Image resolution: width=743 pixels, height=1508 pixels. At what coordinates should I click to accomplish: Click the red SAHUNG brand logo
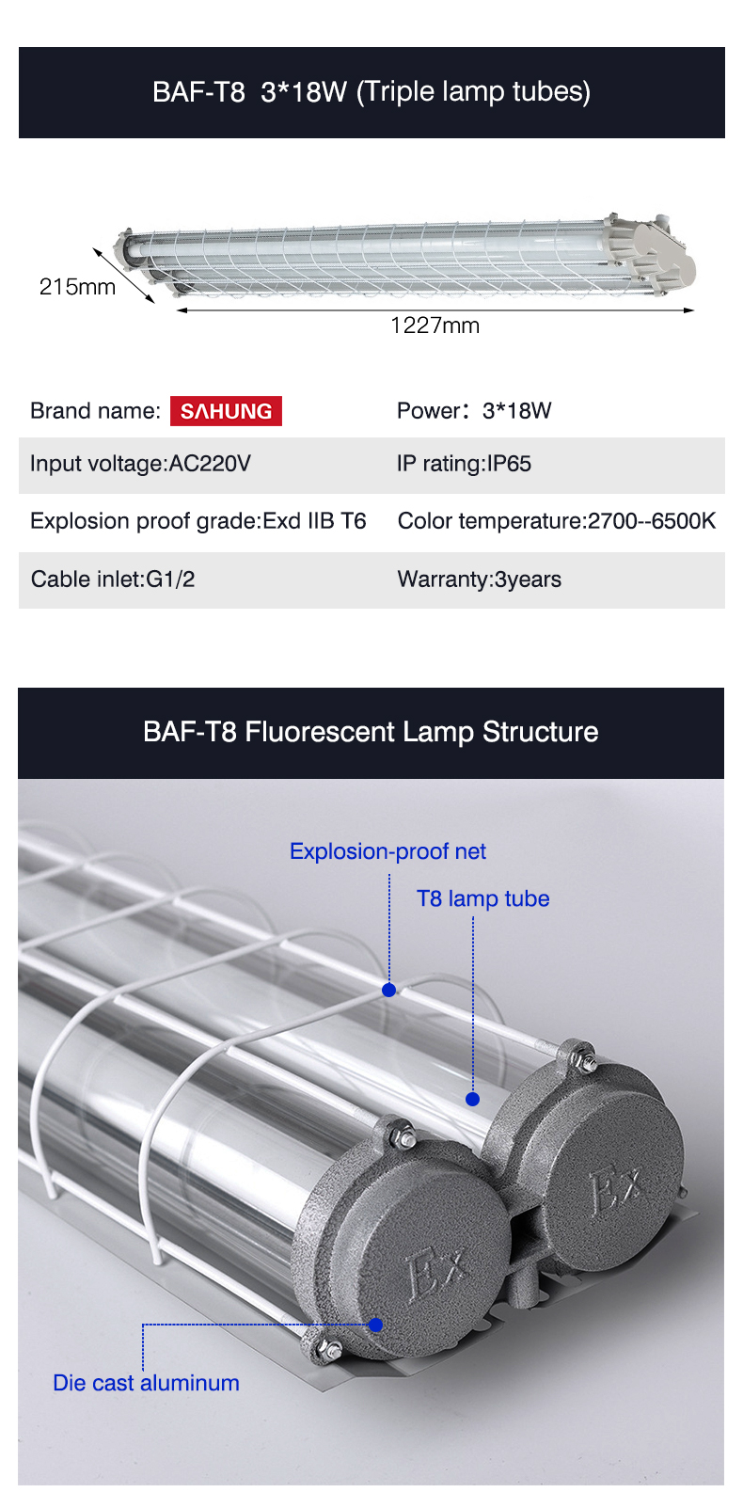tap(226, 411)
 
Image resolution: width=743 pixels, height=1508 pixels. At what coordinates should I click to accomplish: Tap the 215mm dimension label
tap(77, 287)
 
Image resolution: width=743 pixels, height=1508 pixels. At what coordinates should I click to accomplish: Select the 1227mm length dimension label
tap(435, 325)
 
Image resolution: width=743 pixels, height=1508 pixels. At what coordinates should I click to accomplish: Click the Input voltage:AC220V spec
tap(140, 463)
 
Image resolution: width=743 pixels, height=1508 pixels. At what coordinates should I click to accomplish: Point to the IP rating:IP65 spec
tap(464, 463)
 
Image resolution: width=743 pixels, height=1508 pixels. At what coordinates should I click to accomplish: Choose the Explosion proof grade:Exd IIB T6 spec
tap(198, 521)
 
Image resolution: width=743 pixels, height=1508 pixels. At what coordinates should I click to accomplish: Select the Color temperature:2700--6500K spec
tap(557, 521)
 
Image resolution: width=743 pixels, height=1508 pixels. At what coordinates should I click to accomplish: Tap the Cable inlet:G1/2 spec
tap(113, 579)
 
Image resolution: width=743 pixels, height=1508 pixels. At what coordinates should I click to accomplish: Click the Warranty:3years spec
tap(479, 579)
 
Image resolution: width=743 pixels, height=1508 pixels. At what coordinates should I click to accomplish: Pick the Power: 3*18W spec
tap(474, 411)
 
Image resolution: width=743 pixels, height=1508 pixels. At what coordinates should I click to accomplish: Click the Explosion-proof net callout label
tap(387, 851)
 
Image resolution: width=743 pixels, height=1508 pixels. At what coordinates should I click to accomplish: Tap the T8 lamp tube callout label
tap(482, 898)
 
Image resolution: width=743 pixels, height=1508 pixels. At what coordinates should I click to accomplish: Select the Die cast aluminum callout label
tap(146, 1383)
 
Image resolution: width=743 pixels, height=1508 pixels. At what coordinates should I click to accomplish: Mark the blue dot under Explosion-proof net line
tap(388, 990)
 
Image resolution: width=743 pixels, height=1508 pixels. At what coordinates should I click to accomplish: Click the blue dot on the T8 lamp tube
tap(472, 1099)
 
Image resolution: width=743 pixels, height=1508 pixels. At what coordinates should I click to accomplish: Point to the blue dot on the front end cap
tap(375, 1325)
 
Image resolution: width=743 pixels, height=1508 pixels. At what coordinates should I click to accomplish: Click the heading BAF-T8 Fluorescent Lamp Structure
tap(371, 732)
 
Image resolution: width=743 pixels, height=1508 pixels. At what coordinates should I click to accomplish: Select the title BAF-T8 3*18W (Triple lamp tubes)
tap(371, 91)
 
